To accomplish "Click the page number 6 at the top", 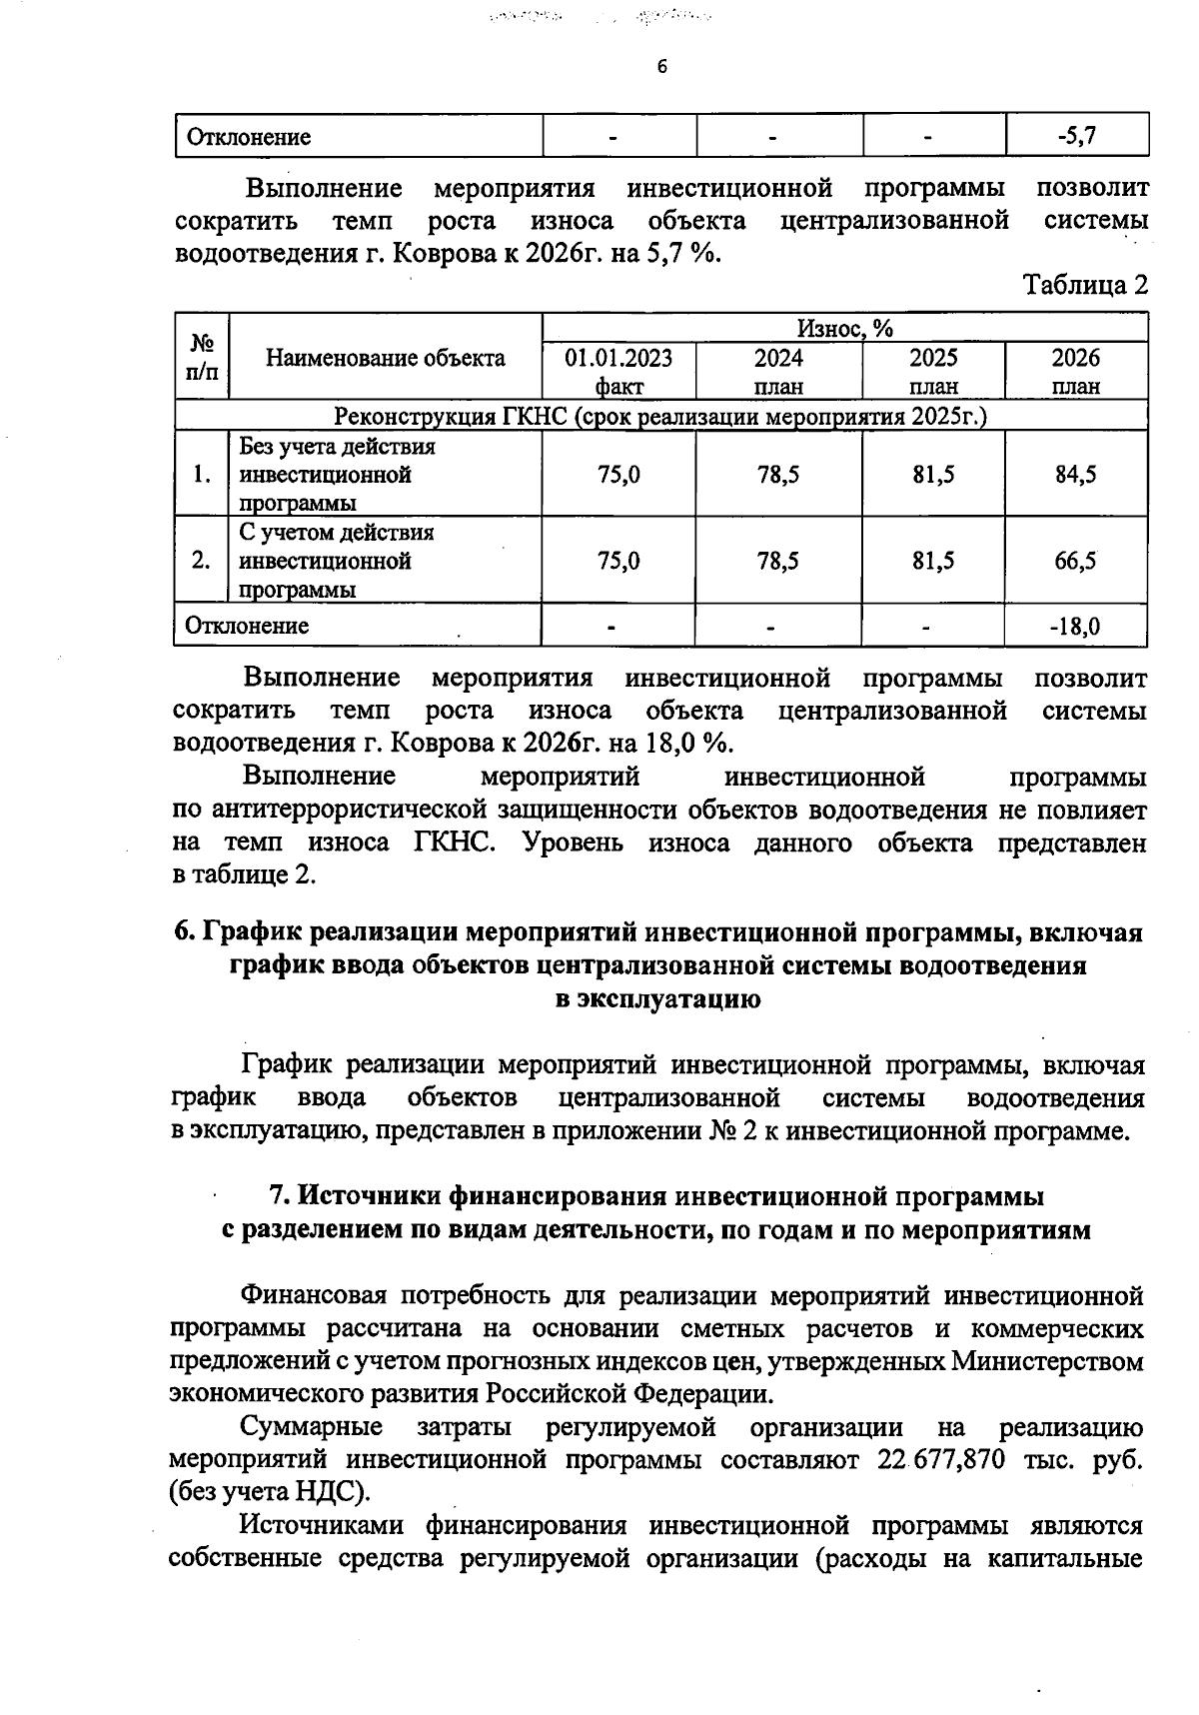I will (660, 67).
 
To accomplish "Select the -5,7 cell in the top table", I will (1077, 136).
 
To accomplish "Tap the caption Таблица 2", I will (1085, 286).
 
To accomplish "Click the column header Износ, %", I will (844, 328).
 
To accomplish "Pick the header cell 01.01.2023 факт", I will (618, 372).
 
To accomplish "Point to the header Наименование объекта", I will (386, 358).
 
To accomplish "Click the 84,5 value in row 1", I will (1075, 475).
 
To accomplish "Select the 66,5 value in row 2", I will (1075, 561).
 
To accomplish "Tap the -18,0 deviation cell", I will (1075, 627).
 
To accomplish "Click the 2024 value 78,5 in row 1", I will (778, 475).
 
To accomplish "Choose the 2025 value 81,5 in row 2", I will (933, 561).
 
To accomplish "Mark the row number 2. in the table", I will (202, 561).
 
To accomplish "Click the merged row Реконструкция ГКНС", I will (659, 416).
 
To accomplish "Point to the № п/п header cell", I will (202, 358).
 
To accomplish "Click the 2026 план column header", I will (1075, 372).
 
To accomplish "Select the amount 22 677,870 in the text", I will (940, 1459).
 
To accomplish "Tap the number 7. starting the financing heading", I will (281, 1195).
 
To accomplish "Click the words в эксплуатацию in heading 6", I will (657, 999).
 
